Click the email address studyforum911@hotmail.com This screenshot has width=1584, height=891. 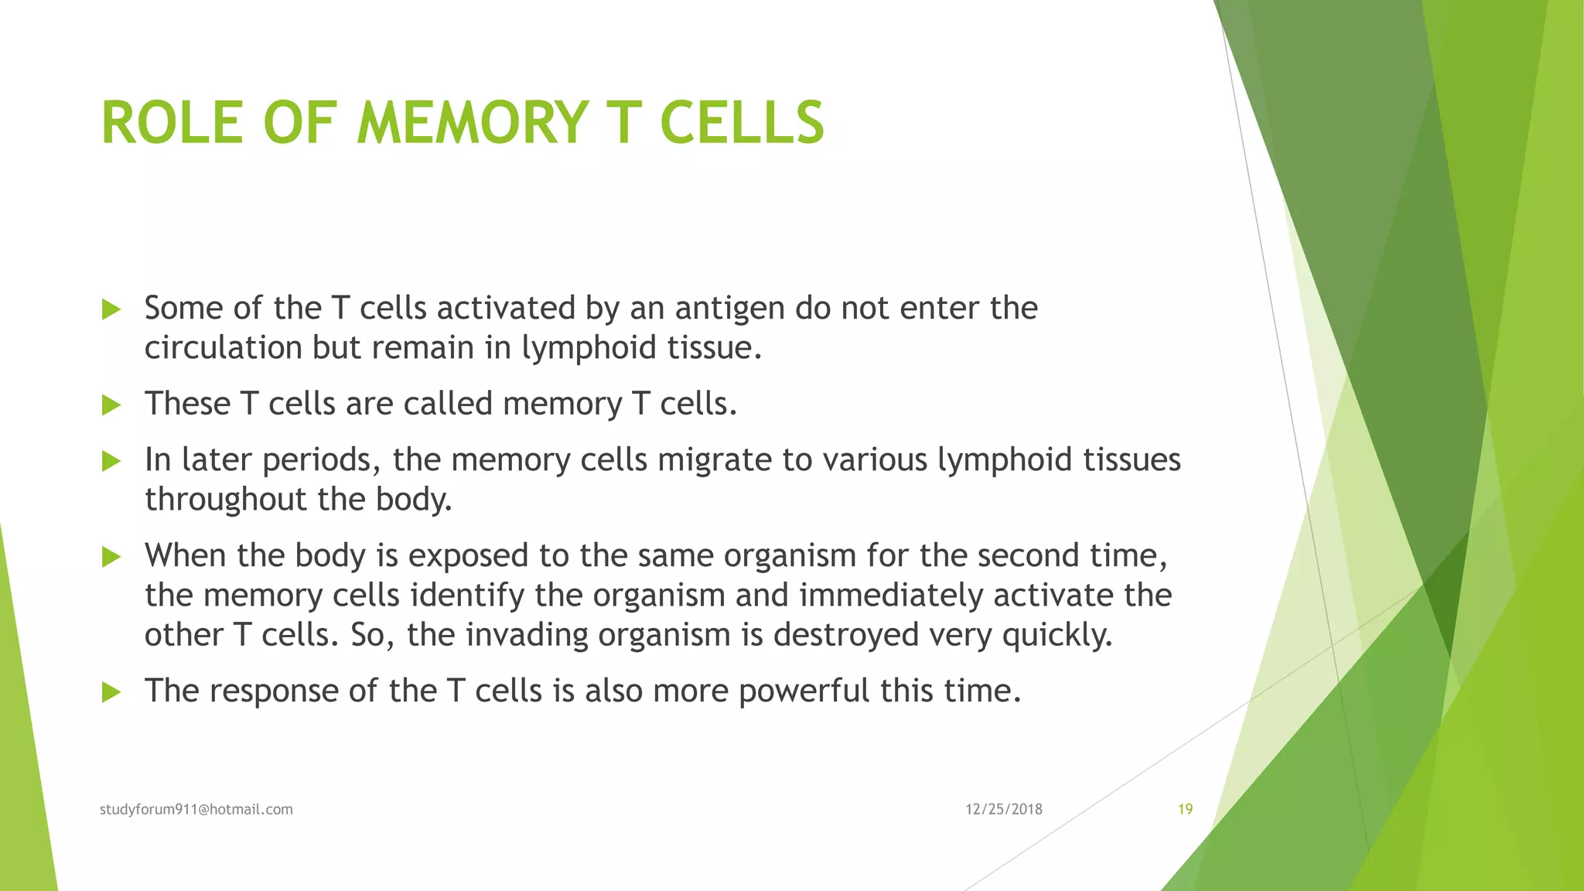pyautogui.click(x=196, y=809)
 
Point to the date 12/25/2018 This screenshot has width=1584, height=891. pyautogui.click(x=1004, y=809)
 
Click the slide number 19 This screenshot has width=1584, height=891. pyautogui.click(x=1185, y=809)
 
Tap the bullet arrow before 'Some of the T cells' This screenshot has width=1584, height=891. pyautogui.click(x=111, y=310)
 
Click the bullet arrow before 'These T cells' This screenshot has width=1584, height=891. pyautogui.click(x=111, y=405)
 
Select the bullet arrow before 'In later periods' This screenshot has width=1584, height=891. pyautogui.click(x=111, y=462)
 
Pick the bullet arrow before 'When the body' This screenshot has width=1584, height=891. pyautogui.click(x=111, y=557)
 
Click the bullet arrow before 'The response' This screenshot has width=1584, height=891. pyautogui.click(x=111, y=692)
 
